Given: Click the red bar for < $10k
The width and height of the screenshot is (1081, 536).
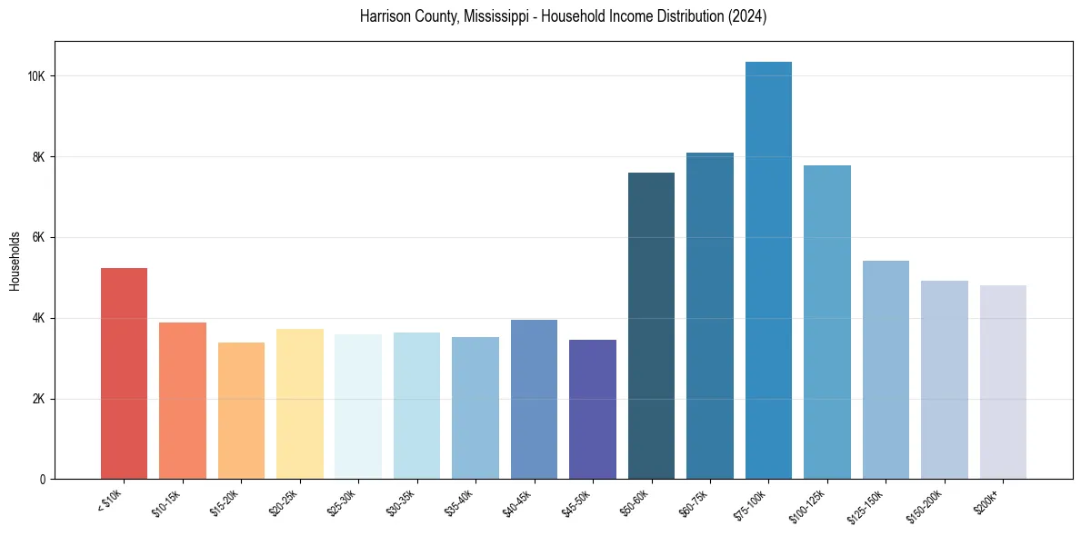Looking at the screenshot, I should [x=124, y=373].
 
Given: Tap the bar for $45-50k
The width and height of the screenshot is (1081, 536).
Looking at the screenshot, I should [x=593, y=410].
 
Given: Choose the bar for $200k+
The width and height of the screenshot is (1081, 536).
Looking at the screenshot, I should [x=1003, y=382].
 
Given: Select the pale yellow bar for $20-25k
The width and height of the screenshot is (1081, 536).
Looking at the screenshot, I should [x=299, y=404].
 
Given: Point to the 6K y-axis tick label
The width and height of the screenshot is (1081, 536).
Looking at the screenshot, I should [x=39, y=238].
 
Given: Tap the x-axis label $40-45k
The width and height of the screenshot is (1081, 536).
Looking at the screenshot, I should [x=517, y=501].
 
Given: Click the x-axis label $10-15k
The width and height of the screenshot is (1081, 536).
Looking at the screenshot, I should [x=166, y=501].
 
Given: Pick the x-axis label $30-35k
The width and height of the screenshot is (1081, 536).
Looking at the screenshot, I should [x=400, y=501].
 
